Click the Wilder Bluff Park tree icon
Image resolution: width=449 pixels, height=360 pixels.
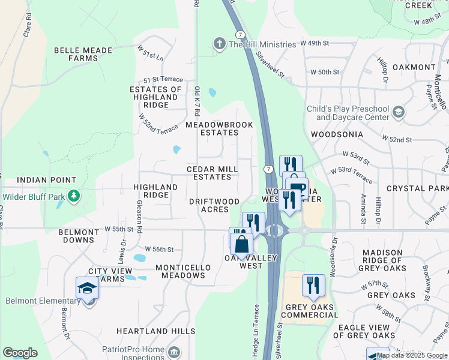point(73,196)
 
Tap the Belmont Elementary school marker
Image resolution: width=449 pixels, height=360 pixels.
point(88,289)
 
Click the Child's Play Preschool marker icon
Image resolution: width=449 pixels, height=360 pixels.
point(398,112)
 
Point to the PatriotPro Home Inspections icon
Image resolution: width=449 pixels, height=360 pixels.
point(173,351)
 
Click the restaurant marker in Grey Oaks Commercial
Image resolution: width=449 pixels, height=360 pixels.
point(313,286)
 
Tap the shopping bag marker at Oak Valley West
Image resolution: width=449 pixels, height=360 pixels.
point(241,244)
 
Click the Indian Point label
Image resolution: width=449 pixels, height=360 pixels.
point(47,180)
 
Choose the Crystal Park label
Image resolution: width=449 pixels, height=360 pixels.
point(417,188)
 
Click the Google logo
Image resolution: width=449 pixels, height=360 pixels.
point(20,353)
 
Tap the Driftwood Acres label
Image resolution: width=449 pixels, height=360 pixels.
point(214,206)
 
